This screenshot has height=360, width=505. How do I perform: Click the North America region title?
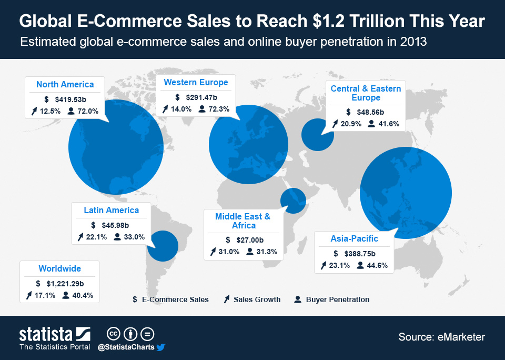[x=65, y=84]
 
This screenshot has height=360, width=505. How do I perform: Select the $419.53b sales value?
[x=70, y=99]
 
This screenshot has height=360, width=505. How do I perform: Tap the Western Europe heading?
[x=196, y=82]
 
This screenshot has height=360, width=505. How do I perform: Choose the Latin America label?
[x=111, y=210]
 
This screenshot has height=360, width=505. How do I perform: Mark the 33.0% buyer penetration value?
[x=134, y=237]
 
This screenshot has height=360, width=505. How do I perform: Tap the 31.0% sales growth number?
[x=228, y=252]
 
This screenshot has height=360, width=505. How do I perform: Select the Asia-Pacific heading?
[x=354, y=238]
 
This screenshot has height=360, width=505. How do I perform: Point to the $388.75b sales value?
[x=361, y=253]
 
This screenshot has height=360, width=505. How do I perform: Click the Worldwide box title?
[x=59, y=268]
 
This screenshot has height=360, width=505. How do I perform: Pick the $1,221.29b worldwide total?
[x=66, y=283]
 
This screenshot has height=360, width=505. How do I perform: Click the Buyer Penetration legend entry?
[x=337, y=299]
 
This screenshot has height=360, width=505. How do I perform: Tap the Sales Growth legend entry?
[x=257, y=299]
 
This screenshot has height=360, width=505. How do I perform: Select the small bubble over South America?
[x=163, y=246]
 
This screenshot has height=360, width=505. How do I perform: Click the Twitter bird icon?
[x=161, y=347]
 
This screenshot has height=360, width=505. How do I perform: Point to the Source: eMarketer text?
[x=441, y=337]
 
